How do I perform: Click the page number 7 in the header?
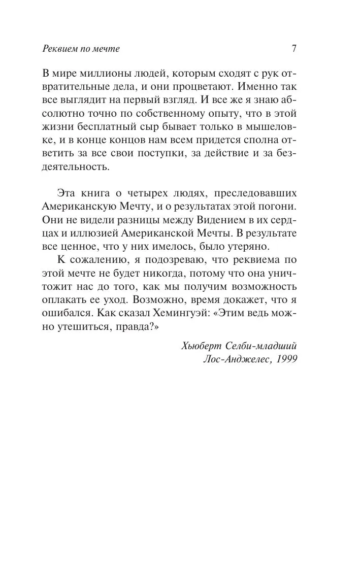(294, 49)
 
